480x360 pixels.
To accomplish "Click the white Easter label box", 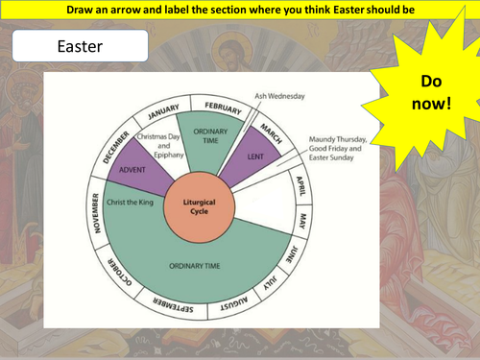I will coord(83,45).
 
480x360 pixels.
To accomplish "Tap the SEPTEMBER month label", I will coord(170,309).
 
